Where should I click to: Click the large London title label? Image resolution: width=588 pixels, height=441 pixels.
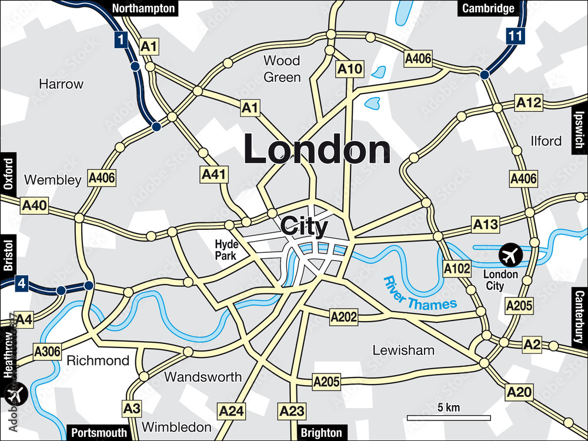(x=317, y=149)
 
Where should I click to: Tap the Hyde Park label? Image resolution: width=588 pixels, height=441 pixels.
(x=225, y=250)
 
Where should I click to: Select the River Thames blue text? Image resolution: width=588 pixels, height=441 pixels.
(x=420, y=293)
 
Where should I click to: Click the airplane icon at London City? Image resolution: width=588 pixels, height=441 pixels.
(x=510, y=255)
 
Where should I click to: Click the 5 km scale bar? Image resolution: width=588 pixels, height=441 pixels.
(x=449, y=417)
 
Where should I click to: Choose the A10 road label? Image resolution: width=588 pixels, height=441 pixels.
(x=350, y=69)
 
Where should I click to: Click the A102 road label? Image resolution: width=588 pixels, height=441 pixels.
(x=457, y=269)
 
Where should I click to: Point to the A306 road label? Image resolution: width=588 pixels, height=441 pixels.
(x=47, y=352)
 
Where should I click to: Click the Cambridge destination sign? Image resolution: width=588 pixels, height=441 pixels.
(x=488, y=8)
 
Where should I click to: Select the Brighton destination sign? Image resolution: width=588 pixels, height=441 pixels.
(x=321, y=433)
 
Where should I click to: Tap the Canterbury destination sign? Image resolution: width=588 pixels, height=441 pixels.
(x=580, y=317)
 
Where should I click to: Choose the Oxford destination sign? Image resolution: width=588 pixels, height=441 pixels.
(x=8, y=173)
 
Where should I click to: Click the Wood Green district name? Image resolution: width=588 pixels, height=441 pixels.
(x=282, y=69)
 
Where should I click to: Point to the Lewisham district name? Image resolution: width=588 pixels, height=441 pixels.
(x=403, y=350)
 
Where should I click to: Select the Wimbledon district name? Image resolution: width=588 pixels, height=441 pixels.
(x=176, y=427)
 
